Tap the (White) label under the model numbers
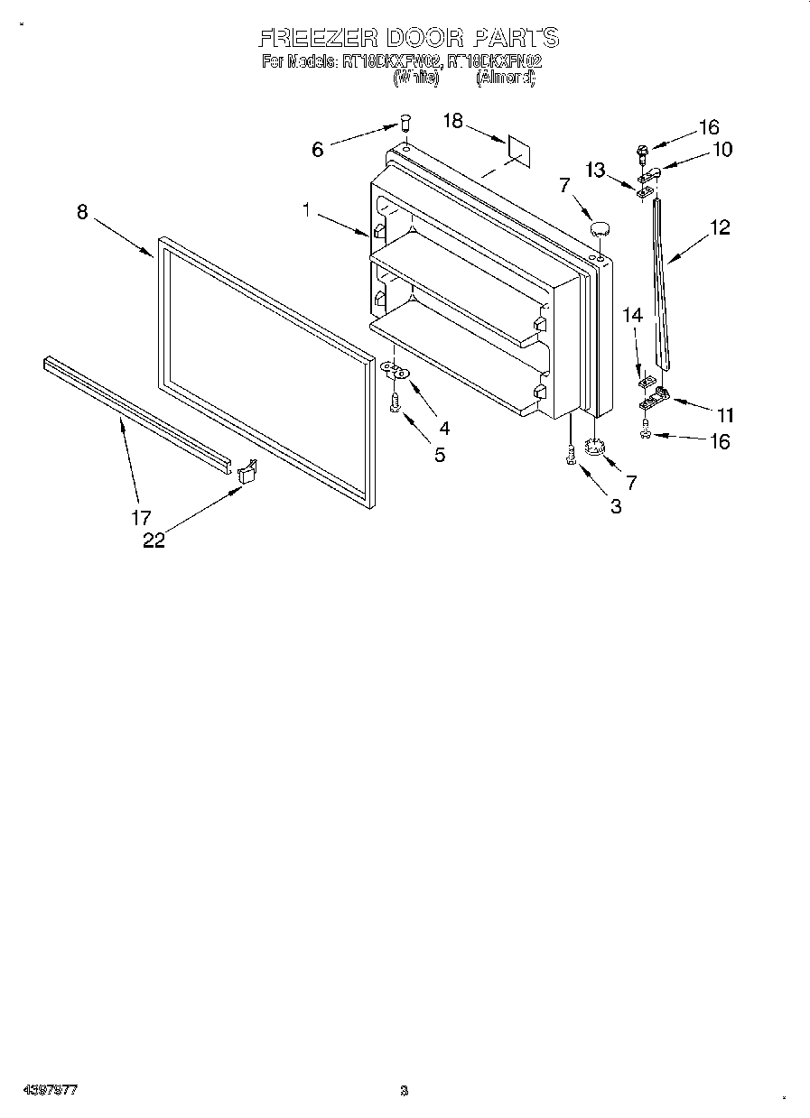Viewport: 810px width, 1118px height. coord(415,79)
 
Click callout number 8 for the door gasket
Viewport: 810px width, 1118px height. coord(82,212)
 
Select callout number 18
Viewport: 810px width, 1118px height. coord(452,120)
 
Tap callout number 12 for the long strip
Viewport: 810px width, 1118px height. coord(719,227)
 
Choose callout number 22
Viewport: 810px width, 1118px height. coord(154,541)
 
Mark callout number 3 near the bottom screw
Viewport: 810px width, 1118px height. coord(616,507)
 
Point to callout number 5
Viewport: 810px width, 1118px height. coord(439,455)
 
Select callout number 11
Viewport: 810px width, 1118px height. coord(725,416)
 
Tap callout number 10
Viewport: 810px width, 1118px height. coord(722,150)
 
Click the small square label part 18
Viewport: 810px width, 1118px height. coord(517,150)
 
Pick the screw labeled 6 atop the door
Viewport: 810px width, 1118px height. coord(405,123)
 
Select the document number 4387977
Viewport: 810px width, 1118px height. coord(51,1090)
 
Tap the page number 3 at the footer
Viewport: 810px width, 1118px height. coord(405,1090)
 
